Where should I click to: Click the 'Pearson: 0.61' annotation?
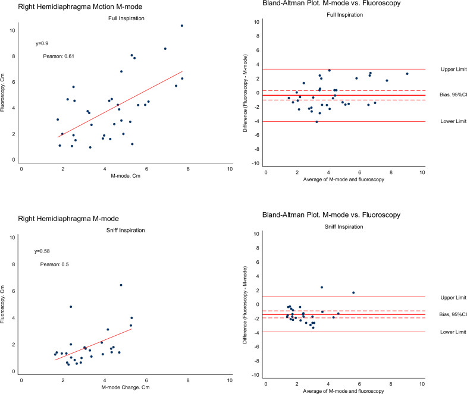(x=58, y=56)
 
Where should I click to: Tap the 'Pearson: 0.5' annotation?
(x=55, y=264)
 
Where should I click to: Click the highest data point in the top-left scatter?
(x=182, y=26)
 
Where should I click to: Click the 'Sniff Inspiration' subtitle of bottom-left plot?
(x=126, y=227)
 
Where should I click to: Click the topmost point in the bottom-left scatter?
(x=121, y=285)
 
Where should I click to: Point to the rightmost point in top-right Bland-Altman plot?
(x=408, y=74)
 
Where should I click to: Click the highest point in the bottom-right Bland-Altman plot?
(x=322, y=288)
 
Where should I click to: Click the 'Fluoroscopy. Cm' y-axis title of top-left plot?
(x=7, y=94)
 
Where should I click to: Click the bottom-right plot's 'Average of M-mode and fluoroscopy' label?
(x=343, y=389)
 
